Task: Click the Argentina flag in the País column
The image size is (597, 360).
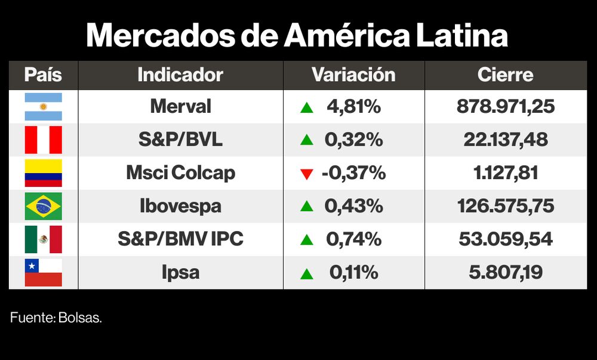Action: click(43, 107)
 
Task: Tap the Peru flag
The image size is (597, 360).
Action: click(43, 140)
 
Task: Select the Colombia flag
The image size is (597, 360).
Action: click(43, 173)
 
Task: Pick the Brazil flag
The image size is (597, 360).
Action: click(43, 206)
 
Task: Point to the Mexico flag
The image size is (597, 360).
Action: click(43, 239)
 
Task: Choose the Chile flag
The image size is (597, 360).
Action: click(43, 272)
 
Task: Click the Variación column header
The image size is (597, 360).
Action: click(353, 75)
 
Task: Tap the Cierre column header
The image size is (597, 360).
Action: click(505, 75)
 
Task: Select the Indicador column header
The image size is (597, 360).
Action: click(180, 75)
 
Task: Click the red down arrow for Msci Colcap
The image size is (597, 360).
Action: click(307, 174)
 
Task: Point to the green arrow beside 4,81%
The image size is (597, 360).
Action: click(307, 107)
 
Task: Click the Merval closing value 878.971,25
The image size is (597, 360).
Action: click(506, 107)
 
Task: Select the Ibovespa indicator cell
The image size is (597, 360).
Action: click(180, 206)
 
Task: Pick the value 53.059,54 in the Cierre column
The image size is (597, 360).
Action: click(506, 239)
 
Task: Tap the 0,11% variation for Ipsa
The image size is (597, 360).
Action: click(354, 273)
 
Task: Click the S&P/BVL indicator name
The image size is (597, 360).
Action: click(180, 140)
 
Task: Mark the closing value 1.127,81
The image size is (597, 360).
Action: click(506, 173)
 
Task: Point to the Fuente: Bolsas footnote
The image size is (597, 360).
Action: click(56, 318)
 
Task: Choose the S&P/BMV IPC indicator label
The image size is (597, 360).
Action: click(180, 239)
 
